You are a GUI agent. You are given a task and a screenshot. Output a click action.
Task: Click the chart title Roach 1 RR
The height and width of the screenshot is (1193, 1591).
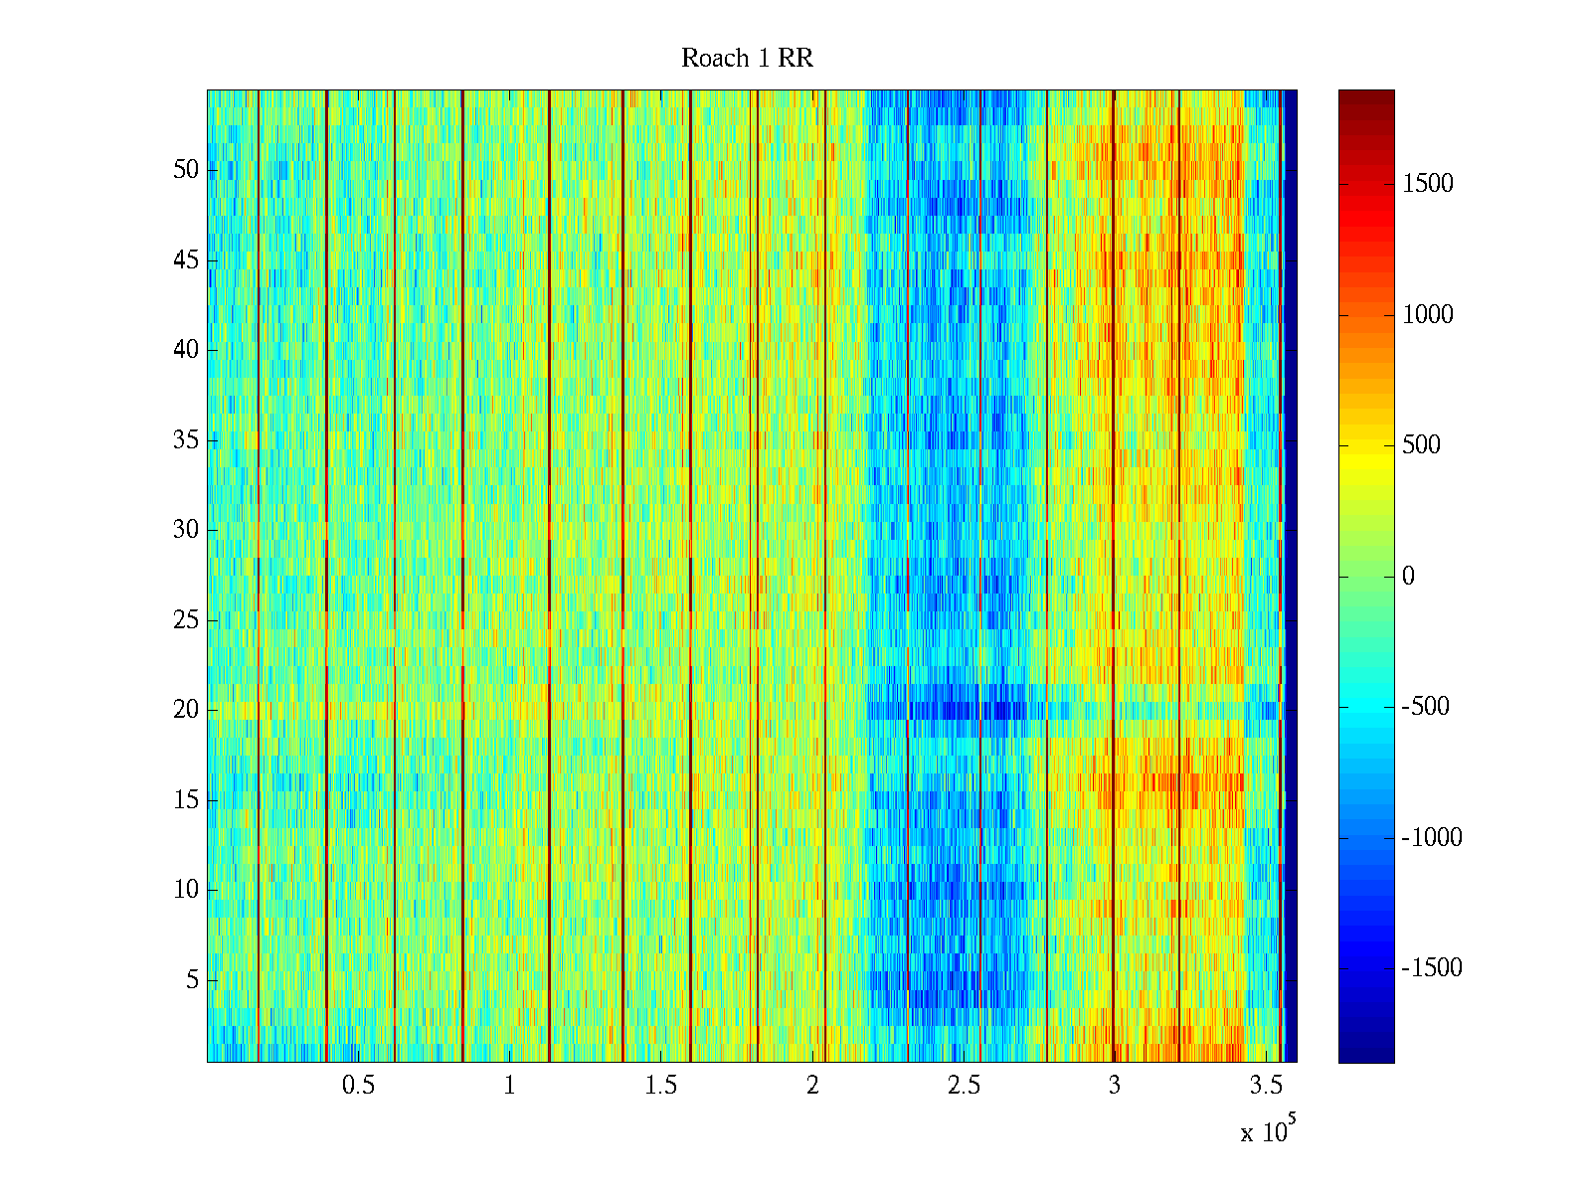tap(747, 59)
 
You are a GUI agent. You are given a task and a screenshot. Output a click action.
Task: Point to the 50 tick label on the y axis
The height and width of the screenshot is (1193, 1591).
tap(186, 170)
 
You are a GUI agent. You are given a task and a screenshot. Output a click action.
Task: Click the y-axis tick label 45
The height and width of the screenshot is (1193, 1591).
tap(186, 260)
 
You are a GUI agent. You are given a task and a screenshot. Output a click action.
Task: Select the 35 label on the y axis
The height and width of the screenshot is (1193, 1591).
tap(186, 440)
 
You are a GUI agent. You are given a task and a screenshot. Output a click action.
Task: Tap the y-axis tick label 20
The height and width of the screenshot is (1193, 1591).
tap(186, 710)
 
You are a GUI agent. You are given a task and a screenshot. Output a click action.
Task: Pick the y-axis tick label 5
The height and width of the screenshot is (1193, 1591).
tap(192, 980)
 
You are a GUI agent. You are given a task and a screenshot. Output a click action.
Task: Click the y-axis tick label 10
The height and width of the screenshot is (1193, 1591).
tap(186, 890)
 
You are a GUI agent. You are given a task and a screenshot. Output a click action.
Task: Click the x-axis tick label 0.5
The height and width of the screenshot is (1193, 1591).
tap(359, 1086)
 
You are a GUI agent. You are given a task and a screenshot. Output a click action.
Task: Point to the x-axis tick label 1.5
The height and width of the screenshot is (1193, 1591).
tap(661, 1086)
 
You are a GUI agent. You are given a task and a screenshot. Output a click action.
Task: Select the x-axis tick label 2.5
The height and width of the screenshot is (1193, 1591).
tap(964, 1086)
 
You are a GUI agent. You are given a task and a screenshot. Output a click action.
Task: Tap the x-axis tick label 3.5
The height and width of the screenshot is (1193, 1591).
tap(1266, 1086)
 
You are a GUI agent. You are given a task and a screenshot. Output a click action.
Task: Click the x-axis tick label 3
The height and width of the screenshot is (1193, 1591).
tap(1115, 1086)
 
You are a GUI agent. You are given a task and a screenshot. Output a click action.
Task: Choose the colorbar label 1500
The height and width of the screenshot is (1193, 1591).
tap(1428, 184)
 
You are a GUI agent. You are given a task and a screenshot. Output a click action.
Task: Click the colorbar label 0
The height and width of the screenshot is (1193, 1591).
tap(1408, 577)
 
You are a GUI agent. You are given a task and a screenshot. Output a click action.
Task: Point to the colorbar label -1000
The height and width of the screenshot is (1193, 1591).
tap(1432, 838)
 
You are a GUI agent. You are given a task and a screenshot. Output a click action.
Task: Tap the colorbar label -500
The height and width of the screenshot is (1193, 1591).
tap(1426, 707)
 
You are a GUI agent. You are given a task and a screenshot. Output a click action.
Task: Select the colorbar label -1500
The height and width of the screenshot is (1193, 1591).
tap(1432, 968)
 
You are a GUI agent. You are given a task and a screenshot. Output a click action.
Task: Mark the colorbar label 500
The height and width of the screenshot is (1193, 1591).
tap(1422, 445)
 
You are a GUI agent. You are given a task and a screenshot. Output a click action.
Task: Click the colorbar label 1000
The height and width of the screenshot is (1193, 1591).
tap(1428, 315)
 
